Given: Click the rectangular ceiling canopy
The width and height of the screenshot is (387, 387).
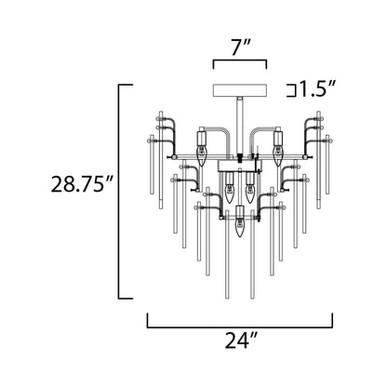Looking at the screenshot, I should [x=240, y=90].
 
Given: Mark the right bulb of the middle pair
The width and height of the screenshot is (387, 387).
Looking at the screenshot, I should [x=248, y=193].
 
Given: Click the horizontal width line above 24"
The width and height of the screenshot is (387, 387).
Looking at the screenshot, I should [x=239, y=329].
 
